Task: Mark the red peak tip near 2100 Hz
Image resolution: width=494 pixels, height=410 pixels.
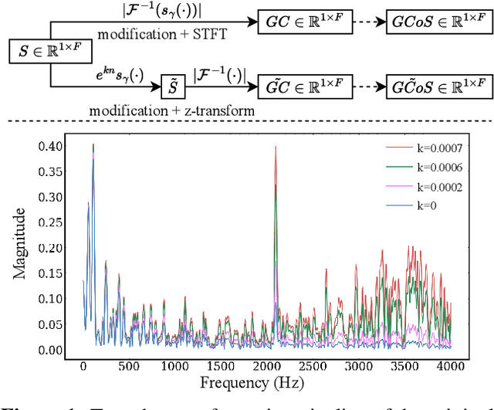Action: tap(276, 147)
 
